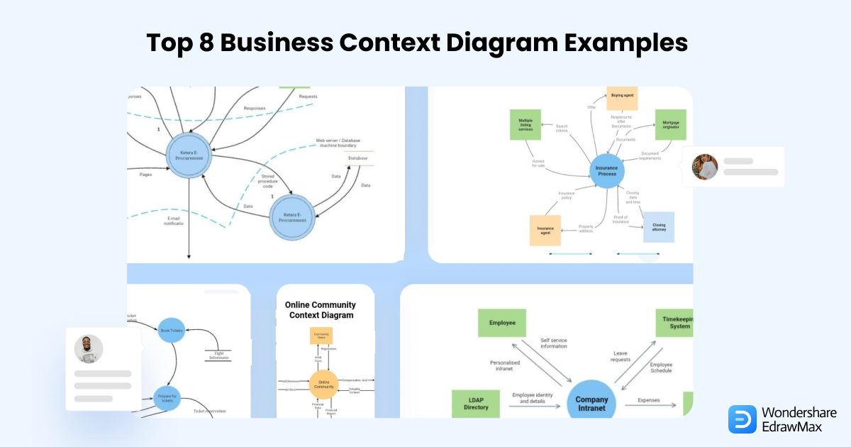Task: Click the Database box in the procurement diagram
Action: pos(358,158)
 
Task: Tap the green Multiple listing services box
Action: pos(525,125)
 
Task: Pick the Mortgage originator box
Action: pos(670,124)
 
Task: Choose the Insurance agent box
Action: pos(545,230)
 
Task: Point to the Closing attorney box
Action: pos(659,227)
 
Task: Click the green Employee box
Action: pos(501,323)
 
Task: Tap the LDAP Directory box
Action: pos(476,403)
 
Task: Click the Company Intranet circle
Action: pos(591,403)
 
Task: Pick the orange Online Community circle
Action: pos(323,385)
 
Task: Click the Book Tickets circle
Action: pos(172,331)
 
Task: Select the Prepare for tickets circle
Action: pos(168,397)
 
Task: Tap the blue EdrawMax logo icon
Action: pos(742,419)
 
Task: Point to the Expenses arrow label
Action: pos(648,400)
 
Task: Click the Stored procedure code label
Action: pos(268,182)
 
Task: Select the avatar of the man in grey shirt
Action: pos(89,349)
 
